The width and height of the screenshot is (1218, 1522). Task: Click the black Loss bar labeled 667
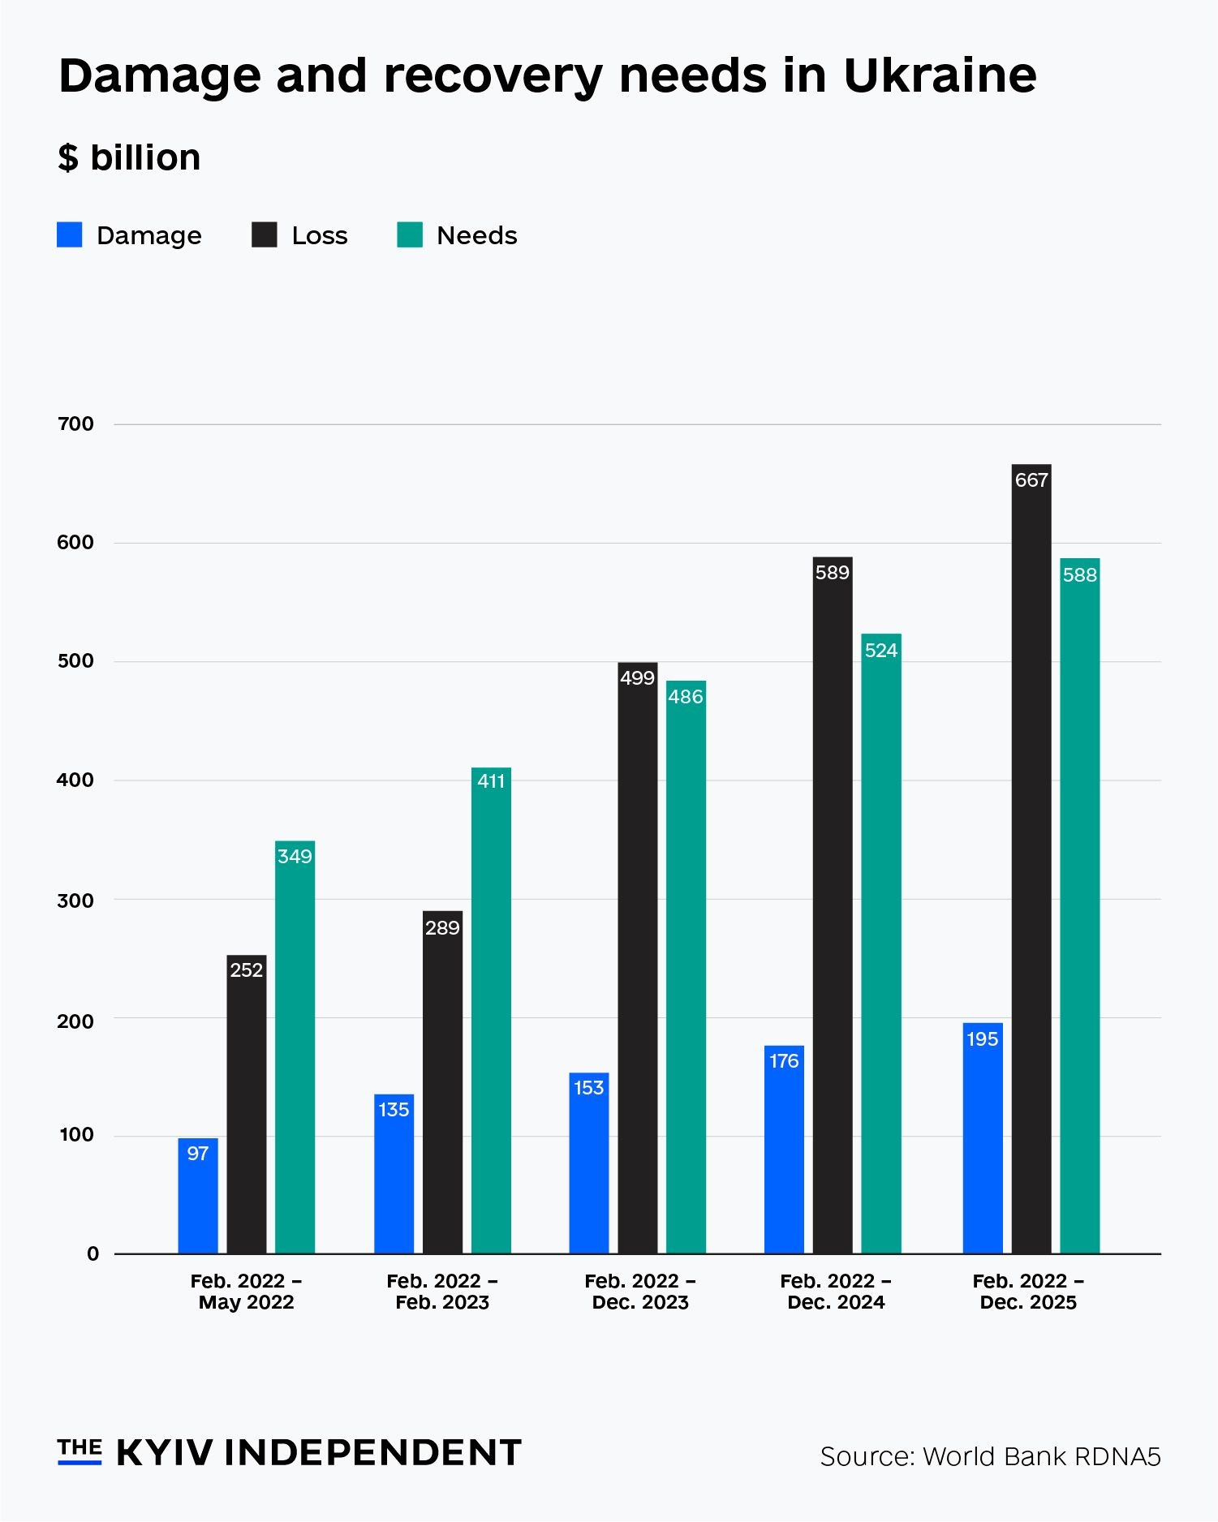click(1031, 860)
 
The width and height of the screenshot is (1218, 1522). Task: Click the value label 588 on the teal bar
click(1079, 575)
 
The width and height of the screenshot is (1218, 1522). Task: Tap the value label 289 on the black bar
click(442, 927)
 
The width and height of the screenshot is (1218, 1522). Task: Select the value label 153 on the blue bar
click(588, 1087)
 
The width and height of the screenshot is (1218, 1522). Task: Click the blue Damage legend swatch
click(70, 235)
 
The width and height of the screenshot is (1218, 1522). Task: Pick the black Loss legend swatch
click(265, 235)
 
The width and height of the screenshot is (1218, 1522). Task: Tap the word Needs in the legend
click(476, 235)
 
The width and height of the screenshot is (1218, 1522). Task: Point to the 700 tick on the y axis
click(75, 423)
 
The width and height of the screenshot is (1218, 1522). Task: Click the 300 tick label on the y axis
click(75, 900)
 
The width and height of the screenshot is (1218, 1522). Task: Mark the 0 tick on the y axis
click(93, 1253)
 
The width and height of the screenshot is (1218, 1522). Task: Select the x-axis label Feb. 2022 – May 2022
click(246, 1292)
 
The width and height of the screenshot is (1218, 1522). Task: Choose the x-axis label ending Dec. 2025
click(1028, 1292)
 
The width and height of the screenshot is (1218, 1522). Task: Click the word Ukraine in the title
click(940, 75)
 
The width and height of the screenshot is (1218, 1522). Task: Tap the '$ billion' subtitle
click(129, 157)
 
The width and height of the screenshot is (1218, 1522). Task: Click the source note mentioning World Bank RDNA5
click(990, 1456)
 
